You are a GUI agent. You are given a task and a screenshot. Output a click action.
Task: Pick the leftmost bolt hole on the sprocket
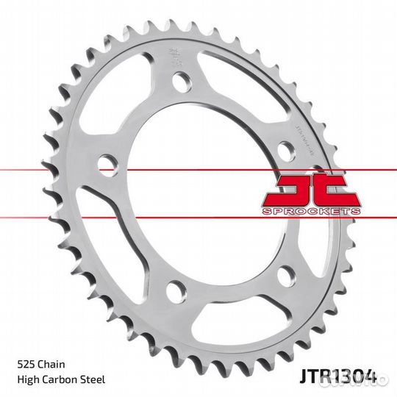107,162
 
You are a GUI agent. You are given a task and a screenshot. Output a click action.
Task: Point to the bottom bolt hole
175,291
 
